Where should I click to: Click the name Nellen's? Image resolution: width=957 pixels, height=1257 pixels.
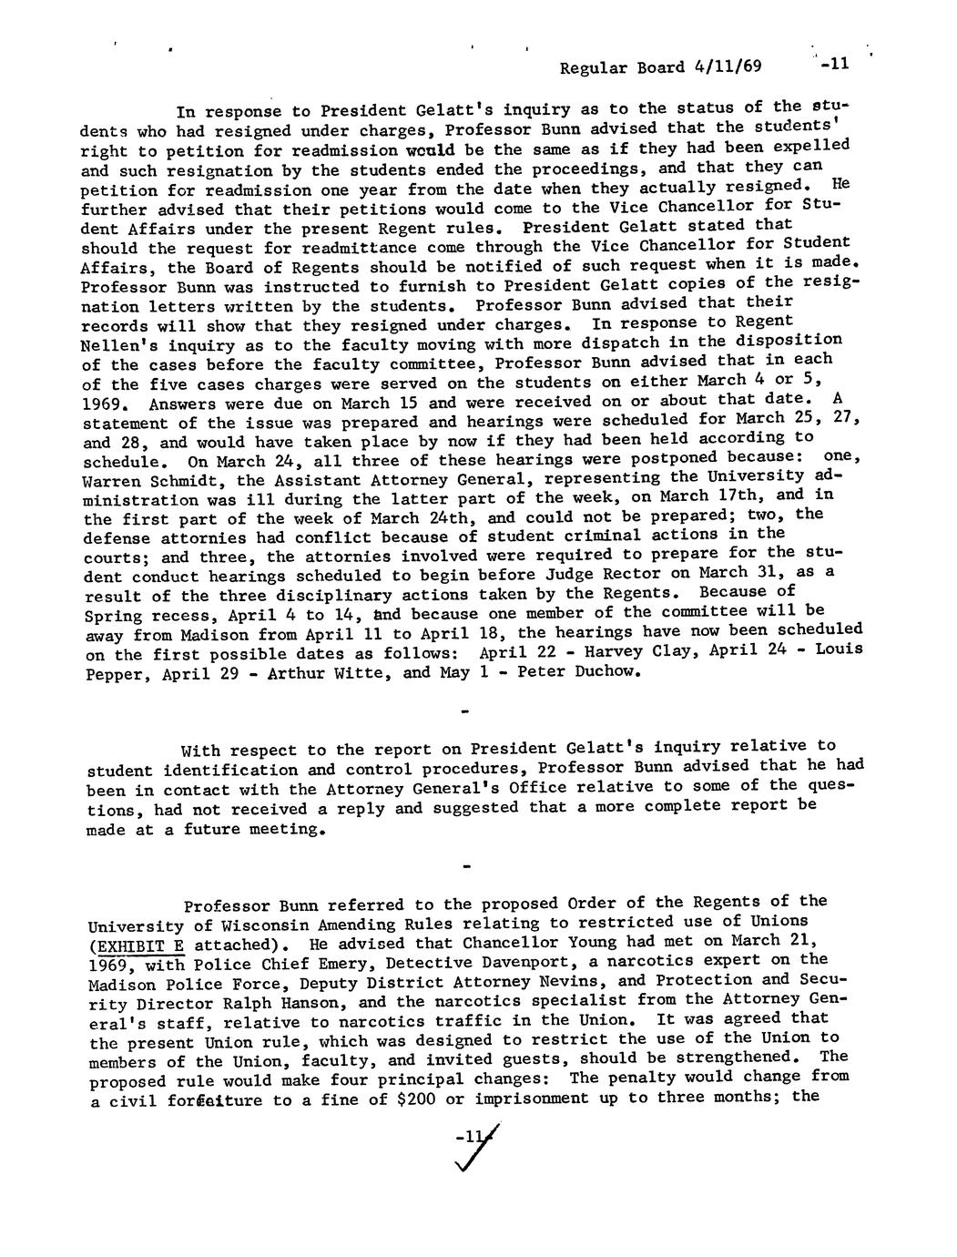point(117,345)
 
